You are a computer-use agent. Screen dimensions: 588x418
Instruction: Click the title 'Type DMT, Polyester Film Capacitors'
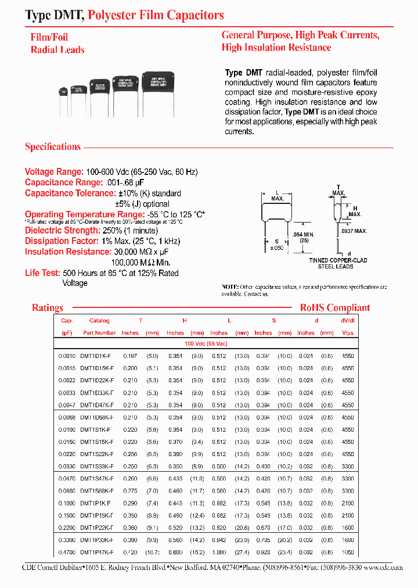[x=124, y=15]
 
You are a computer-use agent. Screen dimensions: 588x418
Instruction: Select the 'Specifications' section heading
[x=53, y=146]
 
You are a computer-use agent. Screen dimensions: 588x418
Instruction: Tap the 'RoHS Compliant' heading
[x=334, y=308]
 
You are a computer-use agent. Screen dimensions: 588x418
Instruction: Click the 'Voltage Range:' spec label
[x=54, y=172]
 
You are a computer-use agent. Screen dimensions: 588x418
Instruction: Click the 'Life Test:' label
[x=41, y=273]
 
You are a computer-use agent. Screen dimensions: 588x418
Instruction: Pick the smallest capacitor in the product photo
[x=64, y=91]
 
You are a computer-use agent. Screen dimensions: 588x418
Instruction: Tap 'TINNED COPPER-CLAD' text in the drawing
[x=334, y=260]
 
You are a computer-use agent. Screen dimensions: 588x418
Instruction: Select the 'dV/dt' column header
[x=348, y=321]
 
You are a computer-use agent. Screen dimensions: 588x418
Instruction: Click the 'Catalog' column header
[x=99, y=321]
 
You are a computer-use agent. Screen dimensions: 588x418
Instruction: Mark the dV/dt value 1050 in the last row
[x=348, y=553]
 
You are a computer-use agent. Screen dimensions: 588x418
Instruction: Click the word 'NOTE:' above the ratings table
[x=230, y=287]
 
